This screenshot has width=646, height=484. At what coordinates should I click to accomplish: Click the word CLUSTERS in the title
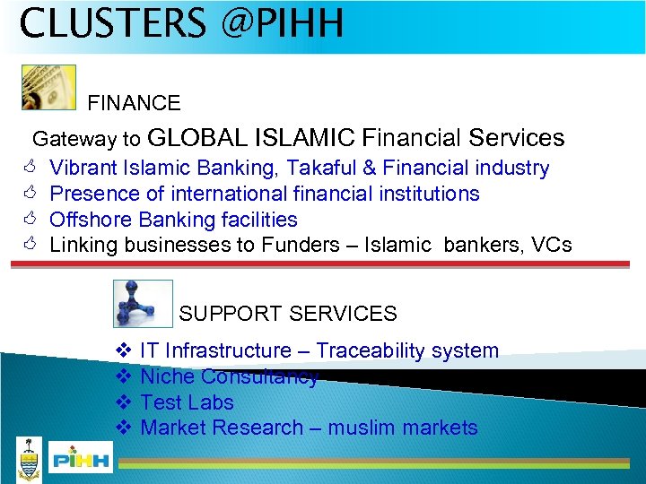point(112,24)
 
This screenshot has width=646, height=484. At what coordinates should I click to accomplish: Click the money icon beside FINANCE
point(48,87)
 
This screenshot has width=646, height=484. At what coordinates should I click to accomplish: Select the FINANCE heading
point(134,103)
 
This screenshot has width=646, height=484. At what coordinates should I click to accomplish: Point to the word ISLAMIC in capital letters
point(305,138)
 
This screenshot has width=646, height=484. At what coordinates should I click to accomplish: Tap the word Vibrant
point(85,168)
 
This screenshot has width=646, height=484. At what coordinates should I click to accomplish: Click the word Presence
point(92,194)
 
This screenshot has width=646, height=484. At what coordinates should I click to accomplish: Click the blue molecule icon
point(144,304)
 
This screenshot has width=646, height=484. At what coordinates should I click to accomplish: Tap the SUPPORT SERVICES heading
point(288,314)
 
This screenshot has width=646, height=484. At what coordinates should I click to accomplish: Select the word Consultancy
point(259,376)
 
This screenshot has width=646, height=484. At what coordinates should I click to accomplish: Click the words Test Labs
point(187,402)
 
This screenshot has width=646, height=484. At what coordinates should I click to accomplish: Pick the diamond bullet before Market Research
point(124,428)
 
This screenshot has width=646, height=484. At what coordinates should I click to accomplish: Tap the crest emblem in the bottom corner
point(30,459)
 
